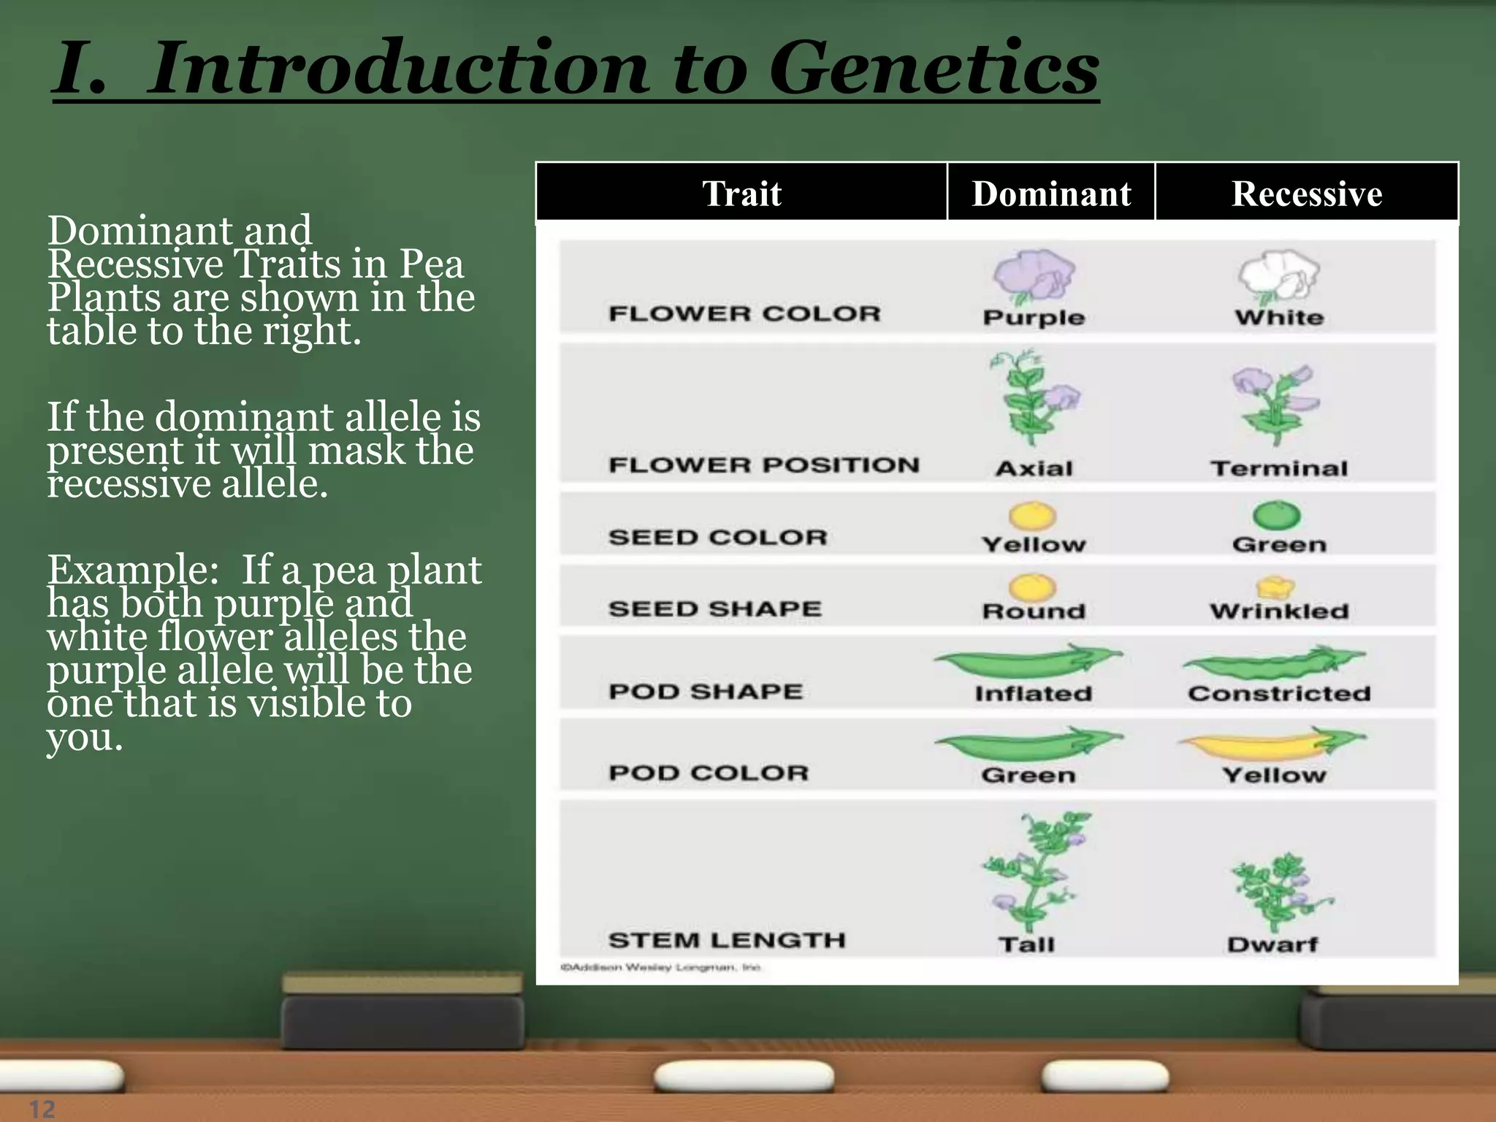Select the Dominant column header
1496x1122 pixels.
pyautogui.click(x=1051, y=194)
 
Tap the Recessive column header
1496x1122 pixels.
pyautogui.click(x=1307, y=194)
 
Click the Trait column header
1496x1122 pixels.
pyautogui.click(x=741, y=194)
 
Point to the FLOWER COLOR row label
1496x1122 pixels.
pyautogui.click(x=744, y=314)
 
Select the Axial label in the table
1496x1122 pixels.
pyautogui.click(x=1034, y=468)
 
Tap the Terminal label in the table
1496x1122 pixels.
pyautogui.click(x=1279, y=468)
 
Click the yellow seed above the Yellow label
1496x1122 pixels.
pyautogui.click(x=1032, y=515)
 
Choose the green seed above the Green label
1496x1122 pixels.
pyautogui.click(x=1277, y=515)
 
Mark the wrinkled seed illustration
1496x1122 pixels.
pyautogui.click(x=1275, y=587)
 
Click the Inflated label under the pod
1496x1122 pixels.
pyautogui.click(x=1033, y=693)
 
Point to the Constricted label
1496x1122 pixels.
pyautogui.click(x=1279, y=693)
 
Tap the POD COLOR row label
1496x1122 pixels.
pyautogui.click(x=709, y=773)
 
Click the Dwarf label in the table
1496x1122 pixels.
pyautogui.click(x=1272, y=944)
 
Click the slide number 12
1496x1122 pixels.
pyautogui.click(x=42, y=1109)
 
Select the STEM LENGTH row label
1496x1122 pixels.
pyautogui.click(x=727, y=940)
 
